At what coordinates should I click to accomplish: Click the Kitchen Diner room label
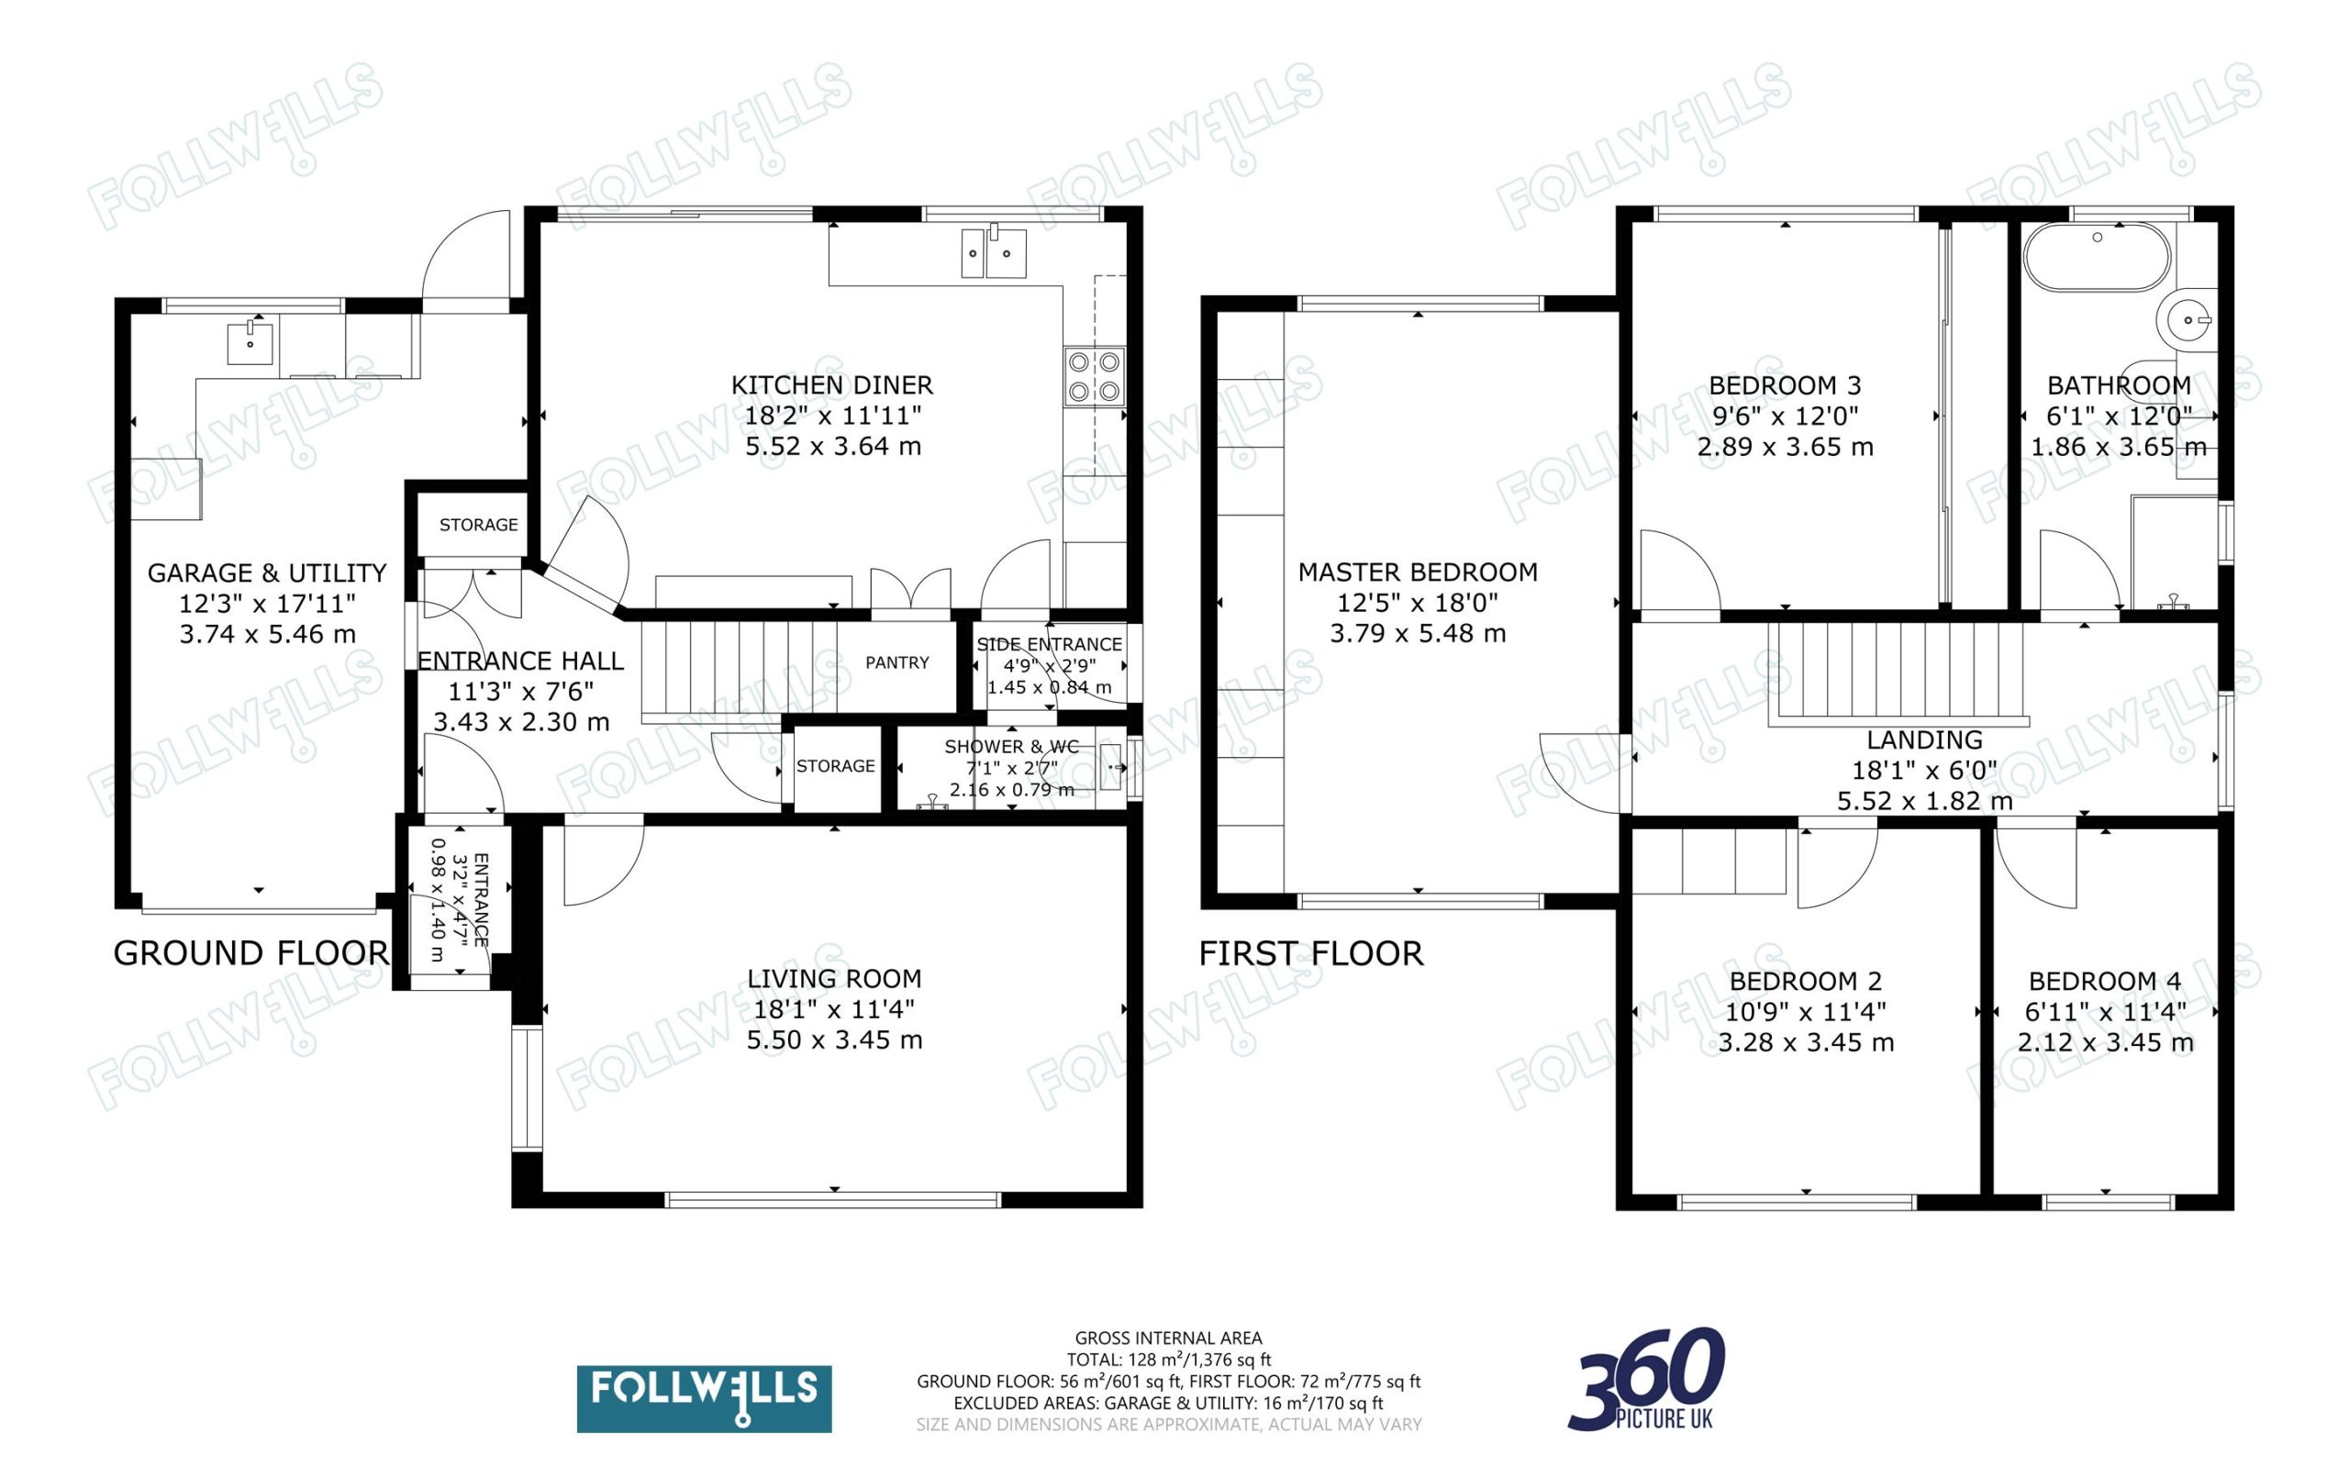pos(831,385)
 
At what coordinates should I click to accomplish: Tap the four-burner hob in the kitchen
pos(1094,376)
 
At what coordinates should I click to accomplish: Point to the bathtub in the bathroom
pos(2097,258)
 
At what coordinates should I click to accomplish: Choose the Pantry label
pos(896,662)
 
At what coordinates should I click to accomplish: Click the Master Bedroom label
pos(1418,572)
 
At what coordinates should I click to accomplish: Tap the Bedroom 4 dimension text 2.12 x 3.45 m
pos(2105,1042)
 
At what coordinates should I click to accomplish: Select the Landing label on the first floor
pos(1924,740)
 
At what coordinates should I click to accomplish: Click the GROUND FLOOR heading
pos(251,953)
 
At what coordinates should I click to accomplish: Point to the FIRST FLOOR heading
pos(1311,953)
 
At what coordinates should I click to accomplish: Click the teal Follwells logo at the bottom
pos(704,1398)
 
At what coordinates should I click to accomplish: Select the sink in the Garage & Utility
pos(250,342)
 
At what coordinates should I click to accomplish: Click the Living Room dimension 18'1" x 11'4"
pos(833,1009)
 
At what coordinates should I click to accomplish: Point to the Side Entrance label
pos(1049,644)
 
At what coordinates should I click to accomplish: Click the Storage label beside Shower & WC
pos(835,765)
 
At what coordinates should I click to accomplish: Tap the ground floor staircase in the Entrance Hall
pos(739,668)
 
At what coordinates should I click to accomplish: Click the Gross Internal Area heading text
pos(1168,1338)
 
